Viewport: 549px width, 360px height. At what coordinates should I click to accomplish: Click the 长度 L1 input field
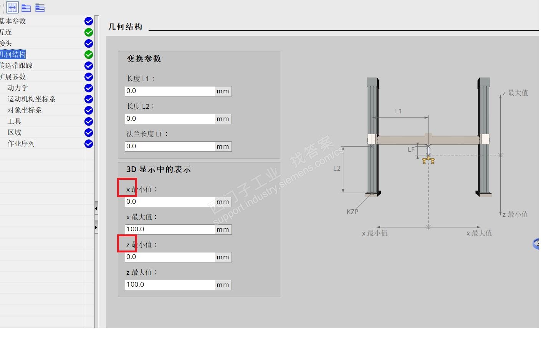(170, 91)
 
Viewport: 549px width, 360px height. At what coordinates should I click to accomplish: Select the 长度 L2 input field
(170, 119)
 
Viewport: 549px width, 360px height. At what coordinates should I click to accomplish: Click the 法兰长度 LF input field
(170, 146)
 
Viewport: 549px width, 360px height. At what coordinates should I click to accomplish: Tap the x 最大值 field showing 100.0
(170, 229)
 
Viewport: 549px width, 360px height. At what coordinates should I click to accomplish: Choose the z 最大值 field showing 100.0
(170, 285)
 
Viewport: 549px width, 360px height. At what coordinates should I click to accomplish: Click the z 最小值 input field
(170, 257)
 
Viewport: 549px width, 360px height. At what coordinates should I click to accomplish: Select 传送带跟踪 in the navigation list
(17, 66)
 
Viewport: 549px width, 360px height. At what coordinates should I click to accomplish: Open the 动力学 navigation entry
(18, 88)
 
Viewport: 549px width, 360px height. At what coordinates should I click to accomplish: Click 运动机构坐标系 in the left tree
(31, 99)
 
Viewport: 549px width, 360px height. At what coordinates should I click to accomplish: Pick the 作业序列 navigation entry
(21, 144)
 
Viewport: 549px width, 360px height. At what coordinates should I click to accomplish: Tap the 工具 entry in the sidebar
(14, 121)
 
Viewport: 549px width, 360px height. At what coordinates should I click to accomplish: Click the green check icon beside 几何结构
(89, 55)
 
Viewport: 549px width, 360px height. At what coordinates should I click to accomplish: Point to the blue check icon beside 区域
(89, 133)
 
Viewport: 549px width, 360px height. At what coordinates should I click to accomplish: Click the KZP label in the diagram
(352, 212)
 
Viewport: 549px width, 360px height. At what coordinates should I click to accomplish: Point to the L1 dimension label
(399, 111)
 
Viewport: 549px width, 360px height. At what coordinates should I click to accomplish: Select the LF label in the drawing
(411, 149)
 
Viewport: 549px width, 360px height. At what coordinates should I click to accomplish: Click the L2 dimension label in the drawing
(337, 168)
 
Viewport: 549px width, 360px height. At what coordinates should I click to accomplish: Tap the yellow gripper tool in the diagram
(428, 159)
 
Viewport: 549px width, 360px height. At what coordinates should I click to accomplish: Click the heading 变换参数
(144, 59)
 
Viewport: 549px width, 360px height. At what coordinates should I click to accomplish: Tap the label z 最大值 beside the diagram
(515, 93)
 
